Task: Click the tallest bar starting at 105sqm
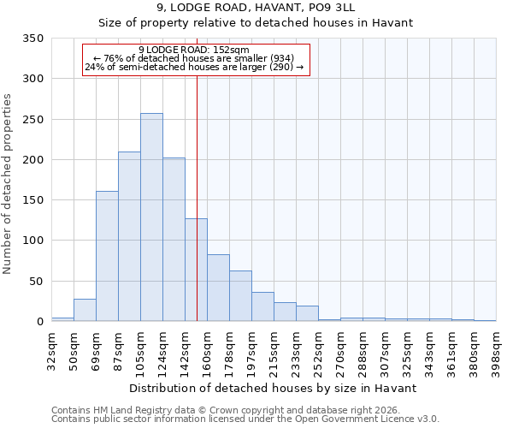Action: [151, 217]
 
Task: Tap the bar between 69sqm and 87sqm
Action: [107, 256]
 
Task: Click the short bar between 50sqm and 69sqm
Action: [85, 310]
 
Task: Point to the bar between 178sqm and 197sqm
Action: [240, 296]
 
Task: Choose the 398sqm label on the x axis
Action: [496, 348]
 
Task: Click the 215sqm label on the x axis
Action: [274, 348]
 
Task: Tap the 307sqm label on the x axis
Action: [385, 348]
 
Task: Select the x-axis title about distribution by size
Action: [273, 388]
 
